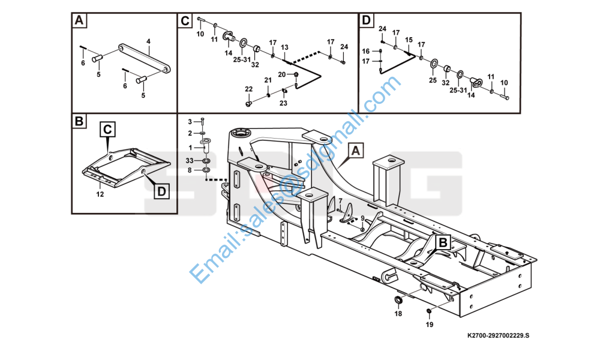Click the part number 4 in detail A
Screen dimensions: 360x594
pos(148,41)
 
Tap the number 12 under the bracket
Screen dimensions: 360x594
pos(100,194)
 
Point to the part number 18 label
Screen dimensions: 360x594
pos(398,313)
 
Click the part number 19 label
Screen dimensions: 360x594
pos(428,325)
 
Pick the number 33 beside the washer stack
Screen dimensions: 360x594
pos(190,160)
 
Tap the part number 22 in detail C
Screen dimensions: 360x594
pos(249,89)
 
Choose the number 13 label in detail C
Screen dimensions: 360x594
pos(284,47)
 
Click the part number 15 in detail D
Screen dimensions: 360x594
pos(409,40)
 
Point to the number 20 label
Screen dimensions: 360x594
pos(282,74)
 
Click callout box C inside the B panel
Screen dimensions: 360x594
pos(107,129)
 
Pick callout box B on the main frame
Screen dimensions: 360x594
pos(442,242)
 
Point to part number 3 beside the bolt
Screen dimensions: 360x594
pos(190,121)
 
